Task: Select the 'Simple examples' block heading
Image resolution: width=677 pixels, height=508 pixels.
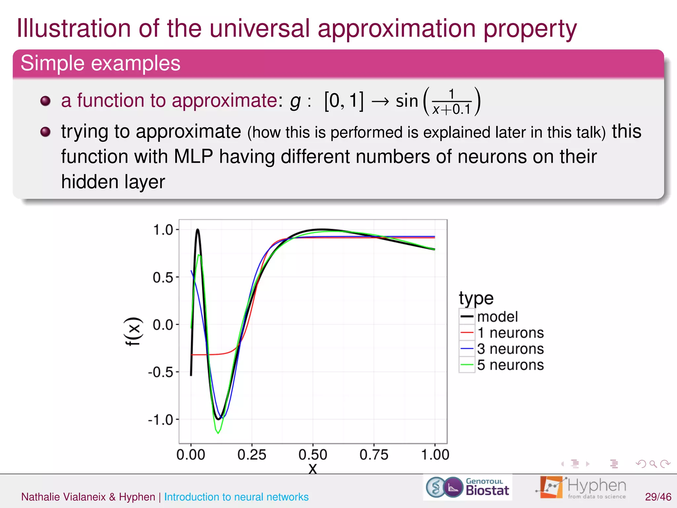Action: click(x=100, y=63)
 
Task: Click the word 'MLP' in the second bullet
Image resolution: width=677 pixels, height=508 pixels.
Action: click(x=193, y=156)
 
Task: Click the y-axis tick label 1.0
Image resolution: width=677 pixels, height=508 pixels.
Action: click(x=163, y=230)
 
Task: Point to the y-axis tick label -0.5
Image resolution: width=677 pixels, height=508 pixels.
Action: click(x=161, y=372)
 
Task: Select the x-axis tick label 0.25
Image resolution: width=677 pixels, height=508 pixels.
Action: click(x=252, y=455)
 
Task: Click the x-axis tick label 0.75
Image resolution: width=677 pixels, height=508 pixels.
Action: click(x=374, y=455)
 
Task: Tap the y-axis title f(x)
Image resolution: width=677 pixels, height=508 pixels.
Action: click(x=133, y=331)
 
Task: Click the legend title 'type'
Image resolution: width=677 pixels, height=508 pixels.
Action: click(x=476, y=298)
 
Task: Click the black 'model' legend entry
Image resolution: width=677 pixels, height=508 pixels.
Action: click(x=497, y=317)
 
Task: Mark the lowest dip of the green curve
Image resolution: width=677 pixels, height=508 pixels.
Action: click(x=218, y=433)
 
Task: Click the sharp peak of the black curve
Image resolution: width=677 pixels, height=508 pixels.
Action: click(x=198, y=229)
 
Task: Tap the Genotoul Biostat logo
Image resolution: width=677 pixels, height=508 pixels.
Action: click(x=467, y=487)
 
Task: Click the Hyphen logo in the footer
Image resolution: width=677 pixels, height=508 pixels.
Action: click(x=582, y=487)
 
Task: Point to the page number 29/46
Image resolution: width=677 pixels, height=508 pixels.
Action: click(x=658, y=497)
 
